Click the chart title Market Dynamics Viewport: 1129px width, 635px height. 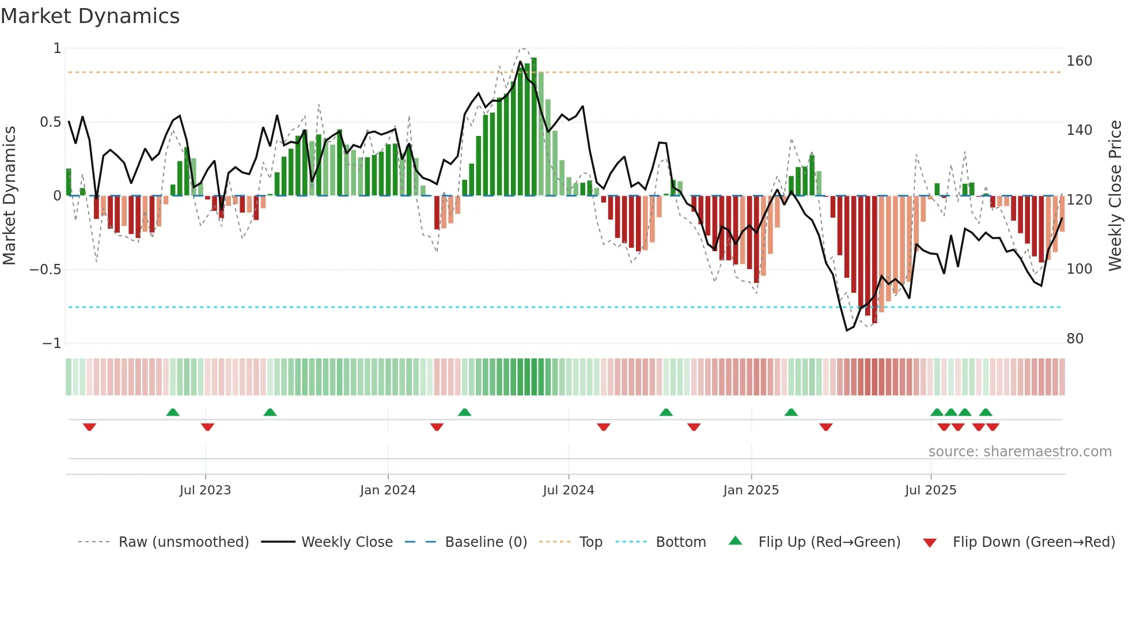(x=90, y=16)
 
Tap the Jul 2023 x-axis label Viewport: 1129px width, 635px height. (x=205, y=490)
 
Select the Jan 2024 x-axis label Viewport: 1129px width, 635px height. (x=388, y=490)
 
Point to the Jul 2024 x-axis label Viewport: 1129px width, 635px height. (x=569, y=490)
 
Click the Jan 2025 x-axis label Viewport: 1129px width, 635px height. (x=751, y=490)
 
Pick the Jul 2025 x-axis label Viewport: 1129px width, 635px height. (x=931, y=490)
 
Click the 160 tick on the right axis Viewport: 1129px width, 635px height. (x=1079, y=61)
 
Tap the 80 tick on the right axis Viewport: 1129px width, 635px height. (x=1075, y=339)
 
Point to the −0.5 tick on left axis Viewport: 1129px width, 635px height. (x=46, y=270)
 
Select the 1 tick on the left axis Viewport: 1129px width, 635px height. (x=57, y=48)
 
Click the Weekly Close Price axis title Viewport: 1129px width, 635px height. (x=1115, y=195)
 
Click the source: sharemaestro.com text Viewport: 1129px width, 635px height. (x=1020, y=452)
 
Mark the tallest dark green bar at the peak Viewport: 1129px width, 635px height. (x=534, y=127)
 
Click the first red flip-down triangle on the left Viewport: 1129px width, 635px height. (x=89, y=427)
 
